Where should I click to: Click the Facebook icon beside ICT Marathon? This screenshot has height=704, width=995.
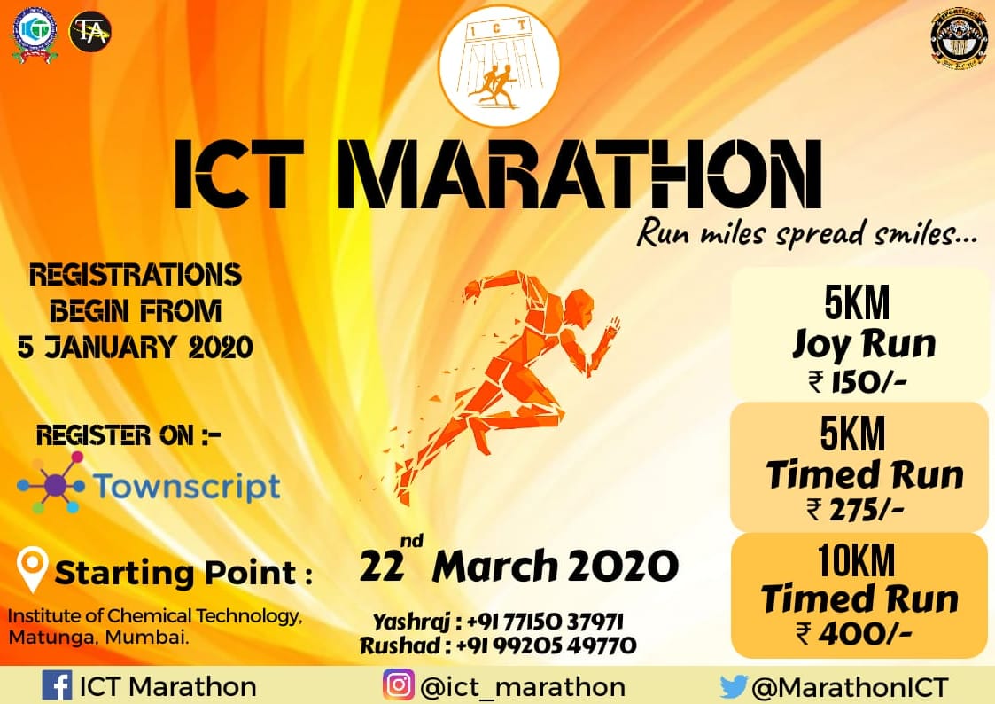pos(58,686)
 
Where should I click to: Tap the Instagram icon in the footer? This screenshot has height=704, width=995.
pos(399,686)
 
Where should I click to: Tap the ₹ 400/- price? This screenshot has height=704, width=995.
pos(856,632)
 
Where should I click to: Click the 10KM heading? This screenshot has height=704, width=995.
pos(856,560)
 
